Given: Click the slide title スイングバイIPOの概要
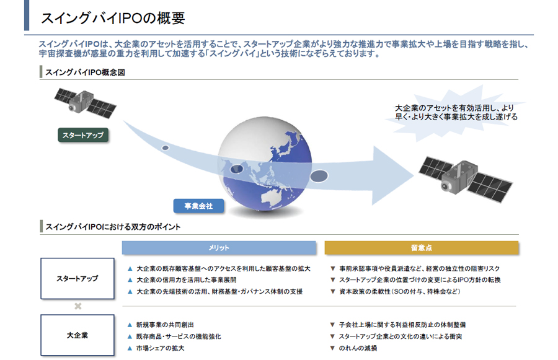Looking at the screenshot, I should click(x=112, y=17).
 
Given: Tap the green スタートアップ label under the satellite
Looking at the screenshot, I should click(x=82, y=134).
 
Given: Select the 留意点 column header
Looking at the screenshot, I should click(x=421, y=248).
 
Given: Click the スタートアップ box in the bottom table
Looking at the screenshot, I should click(x=77, y=278).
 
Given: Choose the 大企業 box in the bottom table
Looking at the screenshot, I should click(x=77, y=335).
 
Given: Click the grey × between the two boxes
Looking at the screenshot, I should click(x=77, y=307).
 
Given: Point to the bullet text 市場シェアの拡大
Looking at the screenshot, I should click(x=160, y=348).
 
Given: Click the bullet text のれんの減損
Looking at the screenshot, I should click(x=358, y=348).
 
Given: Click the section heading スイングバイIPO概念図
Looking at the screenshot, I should click(x=85, y=72).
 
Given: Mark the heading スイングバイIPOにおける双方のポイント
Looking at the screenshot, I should click(x=112, y=227).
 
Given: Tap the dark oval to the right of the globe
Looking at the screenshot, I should click(x=319, y=177).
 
